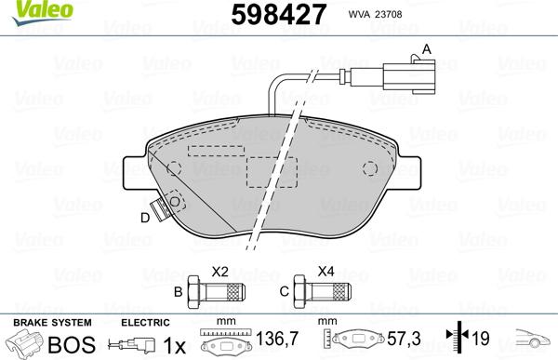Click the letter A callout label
[x=427, y=48]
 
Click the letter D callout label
[x=144, y=219]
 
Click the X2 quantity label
[x=220, y=272]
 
